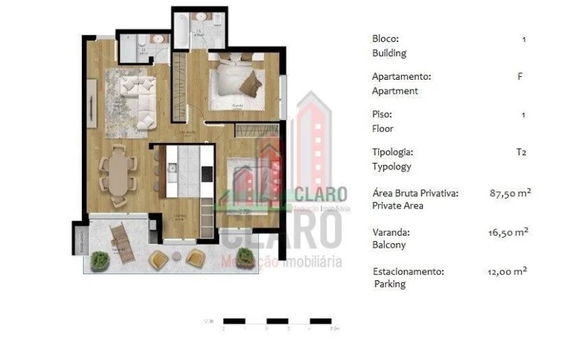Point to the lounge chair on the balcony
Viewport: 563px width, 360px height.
(x=122, y=242)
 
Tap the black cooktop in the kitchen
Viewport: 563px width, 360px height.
(x=207, y=173)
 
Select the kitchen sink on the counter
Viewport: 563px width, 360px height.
(x=171, y=169)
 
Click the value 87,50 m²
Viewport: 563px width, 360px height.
(x=510, y=193)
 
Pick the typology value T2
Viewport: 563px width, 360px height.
(x=522, y=152)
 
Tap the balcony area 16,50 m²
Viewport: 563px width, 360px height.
(x=510, y=232)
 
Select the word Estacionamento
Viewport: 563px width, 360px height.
(x=408, y=271)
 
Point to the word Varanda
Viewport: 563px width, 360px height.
(x=391, y=232)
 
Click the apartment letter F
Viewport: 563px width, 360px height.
(x=520, y=76)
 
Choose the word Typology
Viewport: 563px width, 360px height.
(x=392, y=166)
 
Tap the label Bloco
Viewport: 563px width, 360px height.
(x=385, y=38)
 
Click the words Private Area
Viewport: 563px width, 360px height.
(x=397, y=206)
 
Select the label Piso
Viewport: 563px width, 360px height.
(x=382, y=114)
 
